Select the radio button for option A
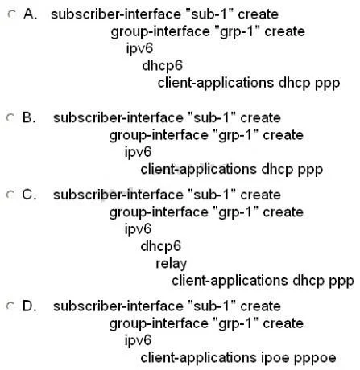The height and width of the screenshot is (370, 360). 11,14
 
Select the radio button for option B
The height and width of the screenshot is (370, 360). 10,117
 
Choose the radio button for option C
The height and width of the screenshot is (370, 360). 10,195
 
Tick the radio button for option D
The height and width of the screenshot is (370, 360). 10,306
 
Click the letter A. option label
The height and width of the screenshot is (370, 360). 30,14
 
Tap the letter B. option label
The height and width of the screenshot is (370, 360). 29,117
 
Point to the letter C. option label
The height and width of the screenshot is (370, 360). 29,195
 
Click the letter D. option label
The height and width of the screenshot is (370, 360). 29,306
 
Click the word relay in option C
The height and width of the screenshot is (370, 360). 172,264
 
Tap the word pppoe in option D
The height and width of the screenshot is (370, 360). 315,358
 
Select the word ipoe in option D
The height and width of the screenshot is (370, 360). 275,357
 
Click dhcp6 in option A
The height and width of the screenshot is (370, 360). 163,65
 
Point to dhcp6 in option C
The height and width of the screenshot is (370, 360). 161,246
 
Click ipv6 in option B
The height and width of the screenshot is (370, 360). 138,152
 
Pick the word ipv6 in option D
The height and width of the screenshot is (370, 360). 138,340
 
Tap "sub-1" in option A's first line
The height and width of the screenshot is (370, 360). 209,14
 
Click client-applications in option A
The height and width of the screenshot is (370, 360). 216,83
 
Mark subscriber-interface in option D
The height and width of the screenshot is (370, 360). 118,306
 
